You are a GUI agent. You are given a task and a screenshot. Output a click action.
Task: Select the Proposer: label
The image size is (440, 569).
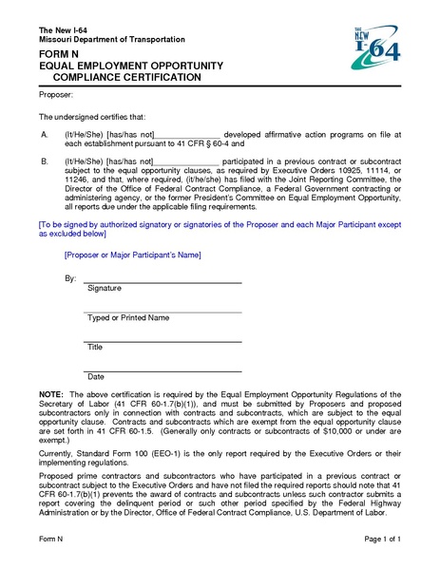click(56, 96)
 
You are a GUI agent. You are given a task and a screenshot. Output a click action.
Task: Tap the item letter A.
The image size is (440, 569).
click(44, 135)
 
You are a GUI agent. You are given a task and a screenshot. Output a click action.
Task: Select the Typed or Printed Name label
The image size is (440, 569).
click(128, 317)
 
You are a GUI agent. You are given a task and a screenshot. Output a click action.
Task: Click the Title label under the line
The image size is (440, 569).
click(95, 347)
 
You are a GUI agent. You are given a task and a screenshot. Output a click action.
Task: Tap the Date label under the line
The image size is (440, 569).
click(95, 376)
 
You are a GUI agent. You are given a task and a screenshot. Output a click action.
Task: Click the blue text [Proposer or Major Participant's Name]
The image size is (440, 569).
click(130, 255)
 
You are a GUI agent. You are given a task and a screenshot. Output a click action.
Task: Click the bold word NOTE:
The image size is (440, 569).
click(51, 393)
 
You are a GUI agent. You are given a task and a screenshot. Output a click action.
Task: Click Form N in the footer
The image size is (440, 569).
click(50, 538)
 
